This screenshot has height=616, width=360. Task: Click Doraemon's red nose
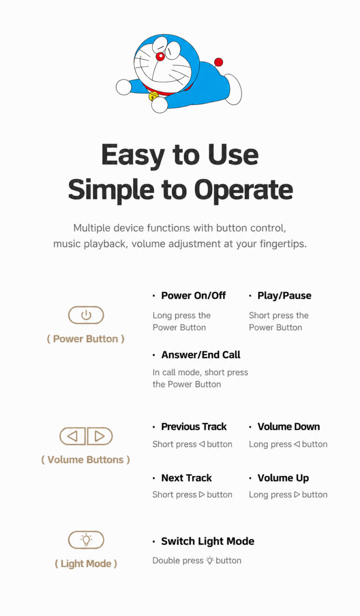click(x=160, y=56)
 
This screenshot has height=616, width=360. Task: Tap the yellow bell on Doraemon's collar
click(x=153, y=96)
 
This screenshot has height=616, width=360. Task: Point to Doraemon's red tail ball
click(x=219, y=62)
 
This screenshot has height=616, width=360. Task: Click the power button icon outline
click(x=86, y=315)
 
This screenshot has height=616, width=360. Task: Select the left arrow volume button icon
click(x=72, y=436)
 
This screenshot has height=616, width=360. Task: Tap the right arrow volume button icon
click(x=100, y=436)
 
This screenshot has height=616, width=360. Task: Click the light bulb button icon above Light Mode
click(x=86, y=540)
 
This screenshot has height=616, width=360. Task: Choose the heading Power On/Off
click(x=193, y=296)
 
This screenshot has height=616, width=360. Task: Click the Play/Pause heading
click(x=284, y=296)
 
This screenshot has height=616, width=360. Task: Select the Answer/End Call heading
click(x=201, y=355)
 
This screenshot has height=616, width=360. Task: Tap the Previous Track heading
click(x=194, y=426)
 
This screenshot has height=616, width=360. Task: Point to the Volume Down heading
click(x=288, y=426)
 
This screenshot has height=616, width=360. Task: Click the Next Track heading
click(x=186, y=478)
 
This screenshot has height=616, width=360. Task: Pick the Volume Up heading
click(x=283, y=478)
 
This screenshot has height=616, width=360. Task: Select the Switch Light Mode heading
click(x=208, y=541)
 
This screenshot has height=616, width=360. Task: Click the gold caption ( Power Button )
click(x=86, y=339)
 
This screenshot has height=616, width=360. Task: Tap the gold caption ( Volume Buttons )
click(x=86, y=460)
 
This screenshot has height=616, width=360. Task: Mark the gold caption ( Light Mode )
click(x=86, y=564)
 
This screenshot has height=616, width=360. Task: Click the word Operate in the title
click(x=243, y=190)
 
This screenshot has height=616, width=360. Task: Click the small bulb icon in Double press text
click(x=210, y=560)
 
